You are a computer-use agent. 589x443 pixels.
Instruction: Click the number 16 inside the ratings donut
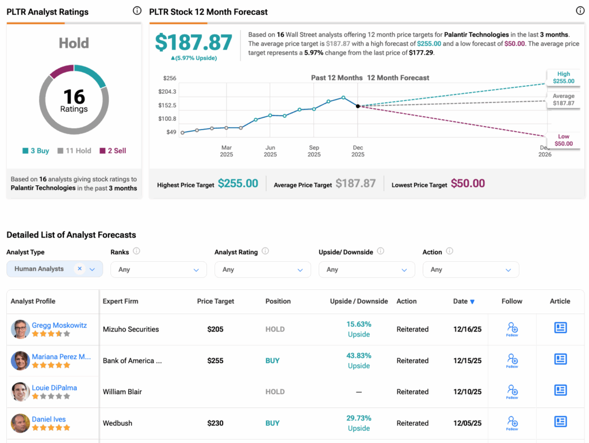pos(74,96)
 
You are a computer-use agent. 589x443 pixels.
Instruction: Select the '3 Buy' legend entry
pos(36,151)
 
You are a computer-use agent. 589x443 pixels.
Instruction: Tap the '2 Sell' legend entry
pos(113,151)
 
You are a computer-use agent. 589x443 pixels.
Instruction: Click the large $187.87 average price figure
pos(194,43)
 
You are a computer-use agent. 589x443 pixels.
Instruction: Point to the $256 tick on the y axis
pos(169,78)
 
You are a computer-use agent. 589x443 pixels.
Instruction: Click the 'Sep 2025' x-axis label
pos(314,151)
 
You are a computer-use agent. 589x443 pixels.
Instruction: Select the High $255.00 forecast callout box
pos(563,78)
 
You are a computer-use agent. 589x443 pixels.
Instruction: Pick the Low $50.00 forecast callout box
pos(563,140)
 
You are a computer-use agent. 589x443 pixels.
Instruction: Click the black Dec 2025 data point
pos(358,106)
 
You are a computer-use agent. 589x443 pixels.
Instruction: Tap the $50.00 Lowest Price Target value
pos(468,184)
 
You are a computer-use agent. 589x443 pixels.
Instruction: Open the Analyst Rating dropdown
pos(262,269)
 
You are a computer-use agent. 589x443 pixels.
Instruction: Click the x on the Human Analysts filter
pos(80,269)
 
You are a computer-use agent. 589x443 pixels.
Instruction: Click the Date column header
pos(464,301)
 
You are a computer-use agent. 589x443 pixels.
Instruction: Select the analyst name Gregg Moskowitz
pos(59,325)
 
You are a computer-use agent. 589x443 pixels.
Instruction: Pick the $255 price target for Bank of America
pos(215,361)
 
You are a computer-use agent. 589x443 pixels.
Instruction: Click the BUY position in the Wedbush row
pos(273,423)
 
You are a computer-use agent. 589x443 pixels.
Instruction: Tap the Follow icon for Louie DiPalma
pos(512,392)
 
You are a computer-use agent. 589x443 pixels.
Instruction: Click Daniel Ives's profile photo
pos(20,423)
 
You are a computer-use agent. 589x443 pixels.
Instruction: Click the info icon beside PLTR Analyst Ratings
pos(137,10)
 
